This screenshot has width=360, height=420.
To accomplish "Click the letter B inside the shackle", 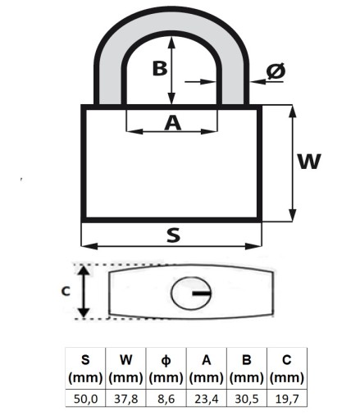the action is click(x=160, y=68).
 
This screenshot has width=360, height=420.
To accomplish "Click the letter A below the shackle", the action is click(x=173, y=123).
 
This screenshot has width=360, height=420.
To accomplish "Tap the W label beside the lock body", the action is click(x=309, y=162).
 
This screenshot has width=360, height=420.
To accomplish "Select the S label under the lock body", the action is click(x=174, y=235).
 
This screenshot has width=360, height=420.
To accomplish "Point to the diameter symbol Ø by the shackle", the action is click(x=276, y=71).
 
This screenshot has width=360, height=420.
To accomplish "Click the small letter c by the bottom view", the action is click(x=66, y=291).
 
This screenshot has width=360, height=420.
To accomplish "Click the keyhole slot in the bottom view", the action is click(x=202, y=294).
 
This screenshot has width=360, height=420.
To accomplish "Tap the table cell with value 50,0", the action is click(x=85, y=399).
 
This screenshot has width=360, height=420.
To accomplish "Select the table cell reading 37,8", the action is click(x=125, y=399).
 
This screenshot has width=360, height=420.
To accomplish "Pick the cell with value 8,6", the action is click(x=166, y=399).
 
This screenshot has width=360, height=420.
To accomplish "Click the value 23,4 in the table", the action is click(x=207, y=399).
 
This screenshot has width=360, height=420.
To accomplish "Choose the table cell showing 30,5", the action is click(x=247, y=399).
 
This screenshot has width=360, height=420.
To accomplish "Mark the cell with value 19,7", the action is click(x=287, y=399).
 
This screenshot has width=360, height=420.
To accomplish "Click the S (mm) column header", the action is click(x=85, y=368).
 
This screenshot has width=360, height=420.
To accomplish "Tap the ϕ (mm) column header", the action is click(x=166, y=368).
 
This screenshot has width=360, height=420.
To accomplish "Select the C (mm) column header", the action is click(x=287, y=368).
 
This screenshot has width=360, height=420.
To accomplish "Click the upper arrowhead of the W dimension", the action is click(x=293, y=111).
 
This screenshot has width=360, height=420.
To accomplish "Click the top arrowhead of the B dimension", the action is click(x=171, y=43).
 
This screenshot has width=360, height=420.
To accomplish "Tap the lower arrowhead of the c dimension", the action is click(x=84, y=313).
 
